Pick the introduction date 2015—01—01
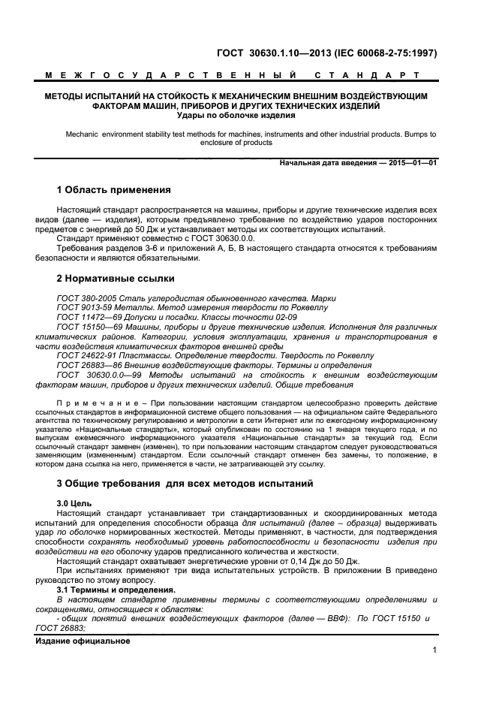coord(411,163)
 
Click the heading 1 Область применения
coord(114,190)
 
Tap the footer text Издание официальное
coord(83,641)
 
